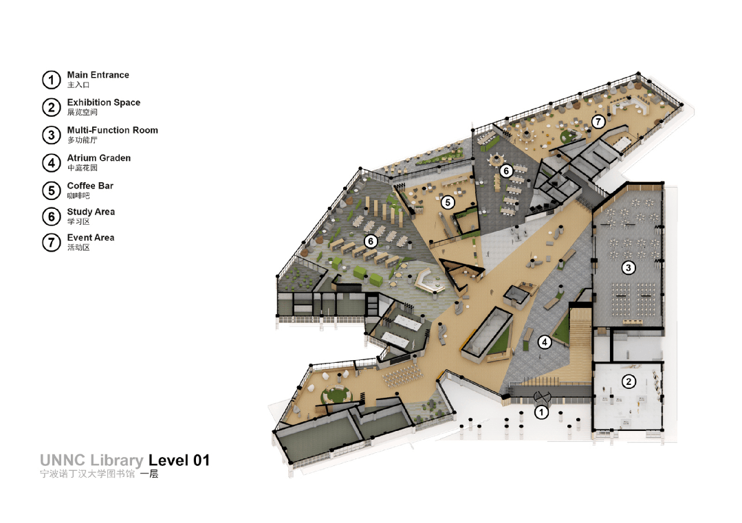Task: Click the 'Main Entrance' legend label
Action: [x=98, y=75]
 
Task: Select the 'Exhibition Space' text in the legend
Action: [x=104, y=102]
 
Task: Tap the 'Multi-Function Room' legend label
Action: [x=113, y=130]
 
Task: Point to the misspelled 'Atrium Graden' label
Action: [x=99, y=158]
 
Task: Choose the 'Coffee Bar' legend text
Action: [x=90, y=186]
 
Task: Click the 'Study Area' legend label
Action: [x=91, y=212]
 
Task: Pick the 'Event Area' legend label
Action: [x=91, y=237]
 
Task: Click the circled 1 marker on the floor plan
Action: [x=541, y=412]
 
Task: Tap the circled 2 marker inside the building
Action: [x=629, y=381]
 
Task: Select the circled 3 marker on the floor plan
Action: [x=629, y=268]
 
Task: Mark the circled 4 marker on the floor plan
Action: [x=545, y=342]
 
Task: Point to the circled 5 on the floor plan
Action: [x=448, y=203]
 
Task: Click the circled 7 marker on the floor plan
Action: [x=598, y=122]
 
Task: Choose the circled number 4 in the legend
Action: [x=52, y=163]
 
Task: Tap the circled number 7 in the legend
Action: [x=52, y=243]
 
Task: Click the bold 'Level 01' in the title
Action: [x=179, y=460]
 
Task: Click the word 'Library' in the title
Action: [x=116, y=460]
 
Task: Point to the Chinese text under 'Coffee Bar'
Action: [x=78, y=196]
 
